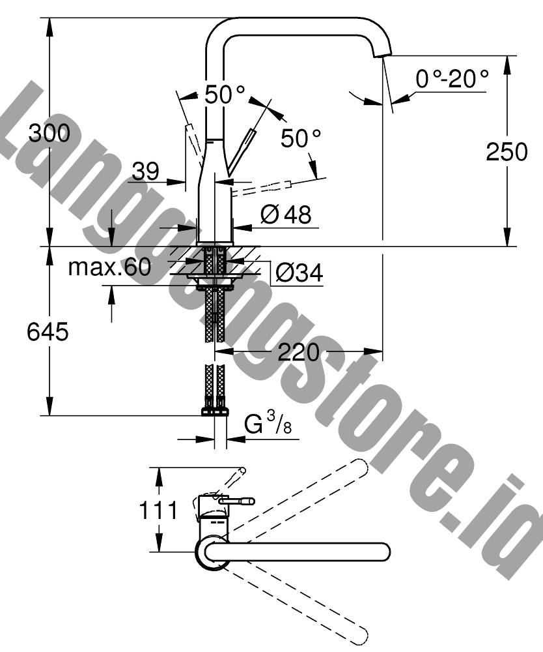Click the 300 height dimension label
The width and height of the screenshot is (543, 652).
[49, 134]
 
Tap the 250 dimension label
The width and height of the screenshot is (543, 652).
[507, 152]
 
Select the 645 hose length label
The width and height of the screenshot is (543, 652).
[48, 333]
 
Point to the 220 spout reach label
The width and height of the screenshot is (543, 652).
[298, 353]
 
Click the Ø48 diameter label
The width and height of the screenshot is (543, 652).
[286, 215]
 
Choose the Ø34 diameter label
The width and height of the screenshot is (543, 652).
[299, 273]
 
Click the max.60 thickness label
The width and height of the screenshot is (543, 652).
[109, 267]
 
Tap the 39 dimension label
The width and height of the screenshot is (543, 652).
[146, 170]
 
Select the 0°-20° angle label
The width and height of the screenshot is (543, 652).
[452, 78]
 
